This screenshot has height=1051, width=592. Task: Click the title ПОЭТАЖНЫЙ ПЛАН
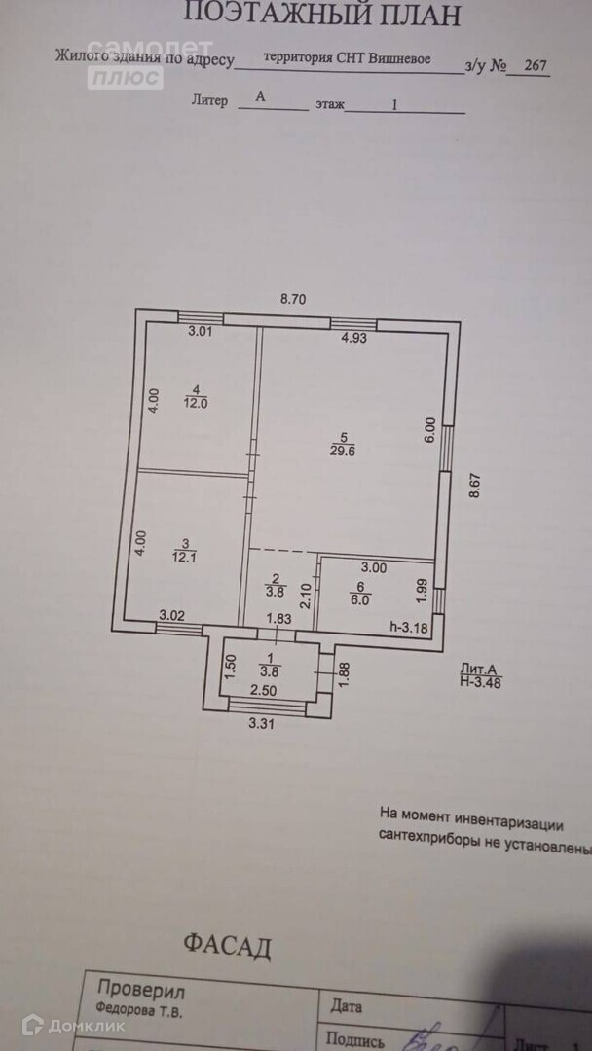click(321, 14)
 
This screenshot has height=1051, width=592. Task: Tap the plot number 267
click(535, 66)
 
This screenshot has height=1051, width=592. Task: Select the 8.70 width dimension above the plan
click(293, 300)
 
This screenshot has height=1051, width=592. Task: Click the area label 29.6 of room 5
click(335, 450)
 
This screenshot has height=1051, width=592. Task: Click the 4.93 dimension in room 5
click(353, 339)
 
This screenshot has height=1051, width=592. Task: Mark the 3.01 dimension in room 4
click(200, 331)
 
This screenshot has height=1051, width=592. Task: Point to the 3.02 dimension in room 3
click(172, 615)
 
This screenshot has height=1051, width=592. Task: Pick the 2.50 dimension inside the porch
click(262, 691)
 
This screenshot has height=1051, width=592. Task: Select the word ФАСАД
click(227, 946)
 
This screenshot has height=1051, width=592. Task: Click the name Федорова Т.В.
click(138, 1011)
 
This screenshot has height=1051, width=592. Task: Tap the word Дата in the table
click(347, 1007)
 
